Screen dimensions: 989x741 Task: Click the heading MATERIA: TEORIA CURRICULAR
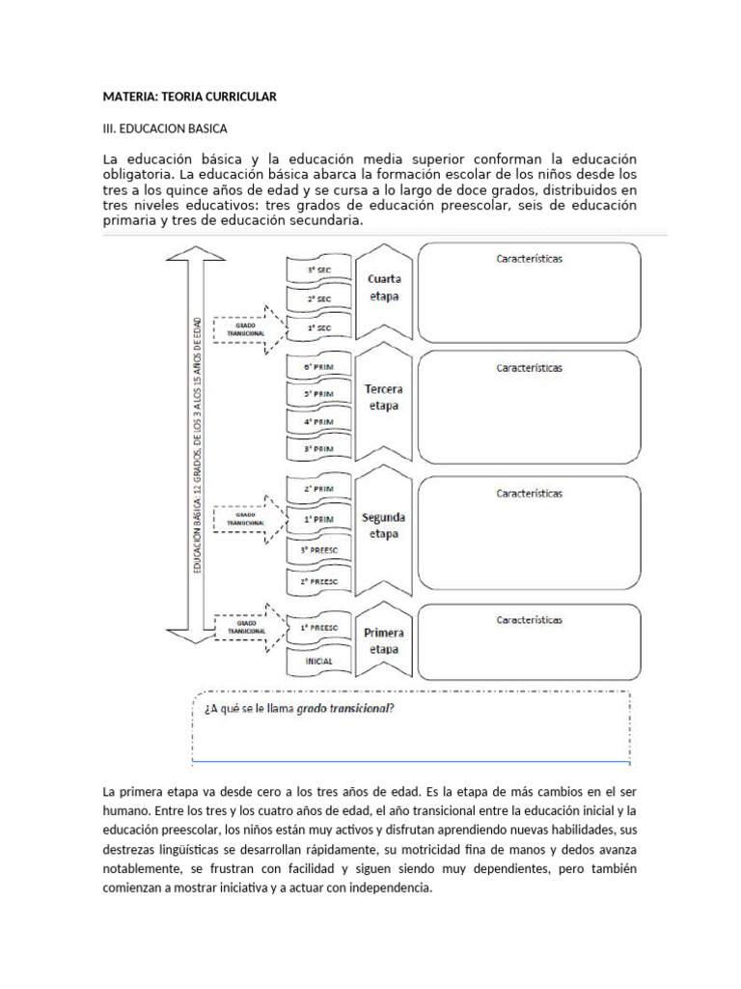coord(189,98)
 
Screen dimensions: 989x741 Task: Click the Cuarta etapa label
coord(384,287)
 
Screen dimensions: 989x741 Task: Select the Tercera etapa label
coord(384,398)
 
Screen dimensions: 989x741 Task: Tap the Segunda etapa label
coord(384,525)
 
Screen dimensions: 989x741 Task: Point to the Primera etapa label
coord(384,641)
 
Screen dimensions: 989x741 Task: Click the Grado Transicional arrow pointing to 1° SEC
coord(244,329)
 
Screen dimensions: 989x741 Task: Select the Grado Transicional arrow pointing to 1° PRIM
coord(244,519)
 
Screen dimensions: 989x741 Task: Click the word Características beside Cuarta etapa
coord(529,259)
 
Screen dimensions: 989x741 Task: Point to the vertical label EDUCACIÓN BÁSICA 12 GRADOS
coord(199,445)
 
